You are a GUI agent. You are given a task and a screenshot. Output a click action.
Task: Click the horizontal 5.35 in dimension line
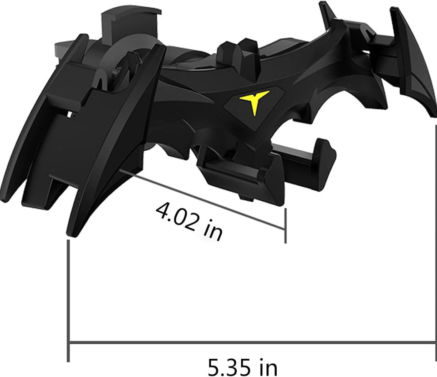pos(250,345)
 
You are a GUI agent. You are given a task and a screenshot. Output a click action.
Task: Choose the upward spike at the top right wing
pos(325,11)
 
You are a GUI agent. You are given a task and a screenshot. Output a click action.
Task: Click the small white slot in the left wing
pos(70,114)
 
